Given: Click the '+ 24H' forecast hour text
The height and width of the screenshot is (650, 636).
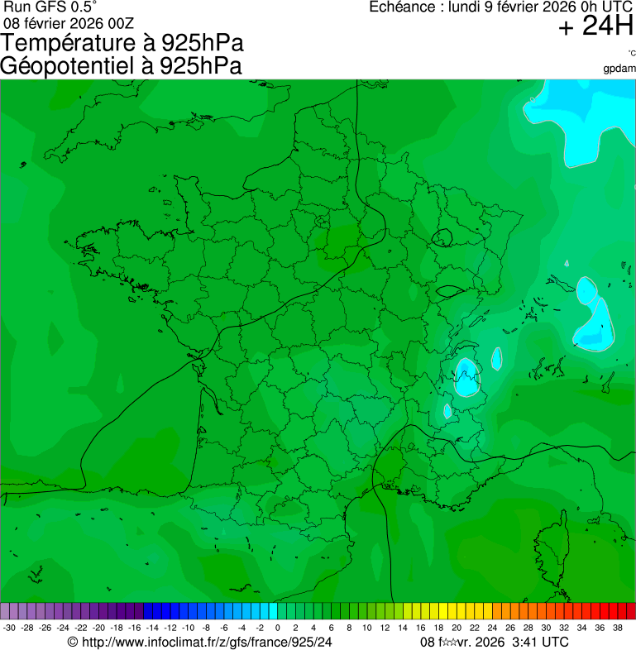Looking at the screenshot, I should pyautogui.click(x=595, y=27).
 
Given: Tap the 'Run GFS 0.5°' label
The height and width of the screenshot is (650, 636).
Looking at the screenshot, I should pyautogui.click(x=49, y=7).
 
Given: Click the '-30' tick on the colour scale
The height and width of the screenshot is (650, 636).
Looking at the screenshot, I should pyautogui.click(x=9, y=628).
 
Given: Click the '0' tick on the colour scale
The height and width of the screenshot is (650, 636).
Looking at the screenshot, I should pyautogui.click(x=277, y=628).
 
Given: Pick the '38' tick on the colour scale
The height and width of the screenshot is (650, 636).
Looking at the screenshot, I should pyautogui.click(x=617, y=628).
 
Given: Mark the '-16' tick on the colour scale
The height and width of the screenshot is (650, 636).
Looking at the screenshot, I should pyautogui.click(x=134, y=628).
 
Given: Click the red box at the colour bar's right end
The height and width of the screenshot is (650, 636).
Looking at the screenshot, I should pyautogui.click(x=630, y=611).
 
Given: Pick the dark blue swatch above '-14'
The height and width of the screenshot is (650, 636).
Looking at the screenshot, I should pyautogui.click(x=151, y=611).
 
